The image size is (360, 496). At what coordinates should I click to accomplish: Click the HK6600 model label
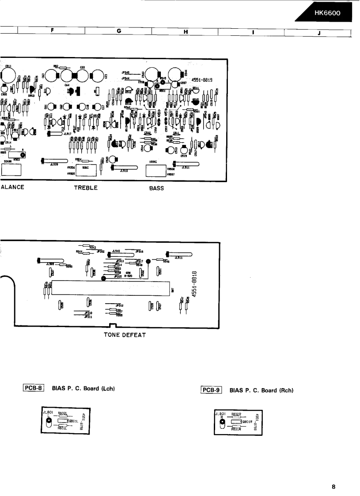[327, 13]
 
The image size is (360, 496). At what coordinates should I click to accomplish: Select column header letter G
[119, 31]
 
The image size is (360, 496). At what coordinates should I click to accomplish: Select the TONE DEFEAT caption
[125, 334]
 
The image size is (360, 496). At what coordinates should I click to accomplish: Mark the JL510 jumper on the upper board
[125, 168]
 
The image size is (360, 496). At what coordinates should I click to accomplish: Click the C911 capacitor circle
[8, 72]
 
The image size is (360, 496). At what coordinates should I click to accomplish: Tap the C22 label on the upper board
[83, 68]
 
